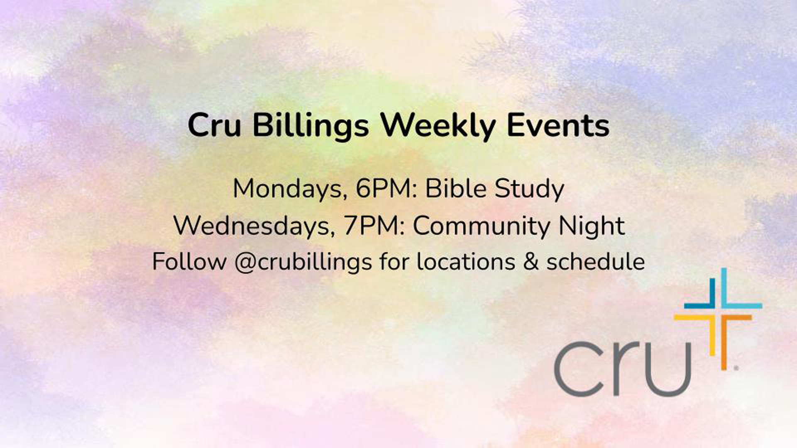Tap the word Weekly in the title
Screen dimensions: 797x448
click(x=438, y=126)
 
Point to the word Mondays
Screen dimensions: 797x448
click(x=290, y=190)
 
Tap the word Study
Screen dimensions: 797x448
click(x=529, y=190)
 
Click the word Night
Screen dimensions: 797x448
click(x=592, y=226)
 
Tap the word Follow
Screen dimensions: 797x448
click(x=189, y=261)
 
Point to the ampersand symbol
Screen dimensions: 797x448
click(x=531, y=262)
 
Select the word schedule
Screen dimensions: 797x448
click(x=595, y=261)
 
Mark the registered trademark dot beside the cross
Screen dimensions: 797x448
click(x=736, y=368)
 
